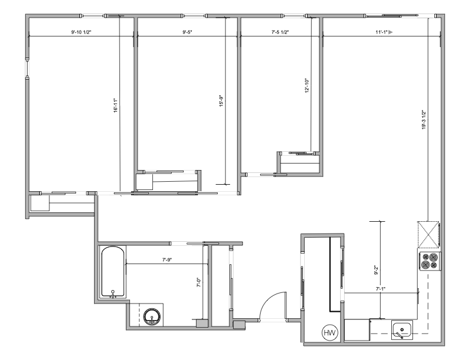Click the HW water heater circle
click(x=330, y=332)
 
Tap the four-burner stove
click(x=430, y=261)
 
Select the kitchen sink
click(x=402, y=330)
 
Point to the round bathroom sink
click(x=152, y=316)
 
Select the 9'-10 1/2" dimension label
click(x=81, y=32)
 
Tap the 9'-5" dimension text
click(x=187, y=32)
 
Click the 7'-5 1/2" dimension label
click(x=280, y=32)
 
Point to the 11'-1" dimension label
click(x=381, y=32)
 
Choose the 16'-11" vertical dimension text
click(x=115, y=105)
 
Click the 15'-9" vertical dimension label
click(x=221, y=101)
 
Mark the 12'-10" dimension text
click(x=307, y=85)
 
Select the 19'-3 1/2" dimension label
click(x=424, y=119)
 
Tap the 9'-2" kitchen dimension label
click(x=376, y=270)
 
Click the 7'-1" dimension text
click(x=381, y=288)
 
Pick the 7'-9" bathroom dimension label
click(x=167, y=259)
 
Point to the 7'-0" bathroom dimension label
click(x=199, y=282)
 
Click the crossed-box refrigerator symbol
click(x=428, y=234)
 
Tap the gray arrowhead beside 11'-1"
click(x=391, y=32)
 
